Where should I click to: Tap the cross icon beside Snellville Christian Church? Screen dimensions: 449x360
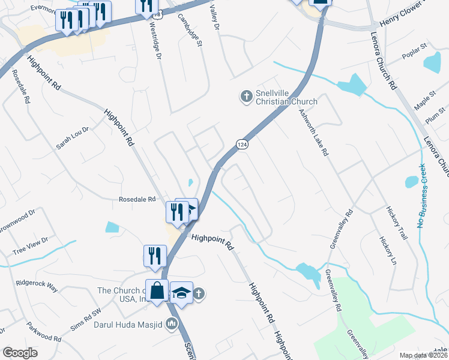(246, 96)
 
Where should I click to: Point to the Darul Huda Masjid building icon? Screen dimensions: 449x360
(172, 325)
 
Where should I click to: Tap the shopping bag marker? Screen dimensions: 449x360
(157, 291)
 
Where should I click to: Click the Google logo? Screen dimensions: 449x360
(20, 353)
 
